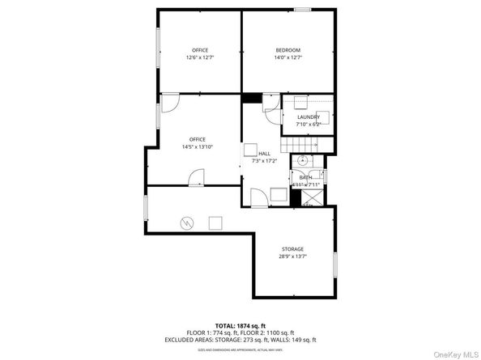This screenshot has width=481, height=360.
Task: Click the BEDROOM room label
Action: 287,50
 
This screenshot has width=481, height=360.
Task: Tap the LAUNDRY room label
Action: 308,117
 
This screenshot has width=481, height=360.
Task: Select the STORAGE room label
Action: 292,248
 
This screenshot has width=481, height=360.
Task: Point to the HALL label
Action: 264,153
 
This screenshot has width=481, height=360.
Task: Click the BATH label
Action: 305,177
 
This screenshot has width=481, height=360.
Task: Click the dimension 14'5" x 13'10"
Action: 198,146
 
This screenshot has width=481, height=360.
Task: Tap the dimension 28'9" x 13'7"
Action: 292,256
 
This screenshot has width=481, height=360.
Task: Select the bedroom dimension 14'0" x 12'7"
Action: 287,57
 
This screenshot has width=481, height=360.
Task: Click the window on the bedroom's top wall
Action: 303,10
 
